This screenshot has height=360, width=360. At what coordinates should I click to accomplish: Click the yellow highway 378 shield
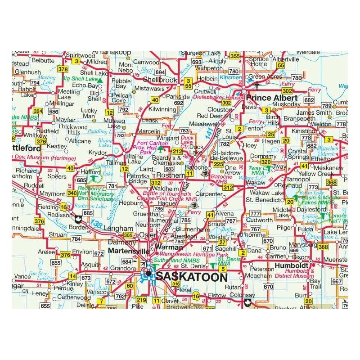point(63,69)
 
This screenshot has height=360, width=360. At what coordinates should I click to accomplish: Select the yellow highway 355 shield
point(234,56)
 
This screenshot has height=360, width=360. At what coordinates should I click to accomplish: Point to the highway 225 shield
point(218,164)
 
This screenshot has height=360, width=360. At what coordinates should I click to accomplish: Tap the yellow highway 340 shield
point(72,193)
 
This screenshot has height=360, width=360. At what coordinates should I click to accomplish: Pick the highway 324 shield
point(38,111)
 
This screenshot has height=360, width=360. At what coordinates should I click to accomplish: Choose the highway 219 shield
point(141,300)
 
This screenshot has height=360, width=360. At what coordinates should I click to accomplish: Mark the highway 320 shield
point(265,162)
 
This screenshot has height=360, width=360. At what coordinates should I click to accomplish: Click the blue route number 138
point(96,223)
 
